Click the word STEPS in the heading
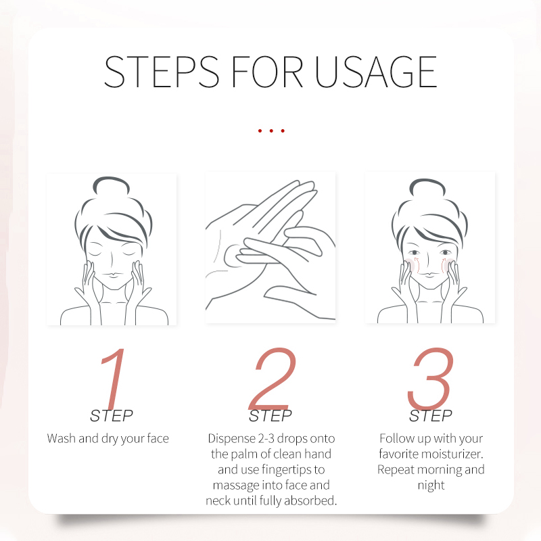[162, 72]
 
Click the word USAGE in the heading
[375, 72]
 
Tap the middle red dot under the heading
[271, 131]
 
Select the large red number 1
[113, 379]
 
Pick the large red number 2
[273, 378]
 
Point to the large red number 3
[430, 378]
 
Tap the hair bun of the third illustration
[427, 187]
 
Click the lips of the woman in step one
[113, 275]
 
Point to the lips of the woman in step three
[429, 275]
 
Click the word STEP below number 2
[270, 416]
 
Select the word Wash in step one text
[61, 438]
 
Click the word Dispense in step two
[231, 439]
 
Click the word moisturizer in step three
[448, 454]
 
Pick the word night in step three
[431, 485]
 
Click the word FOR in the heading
[267, 72]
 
